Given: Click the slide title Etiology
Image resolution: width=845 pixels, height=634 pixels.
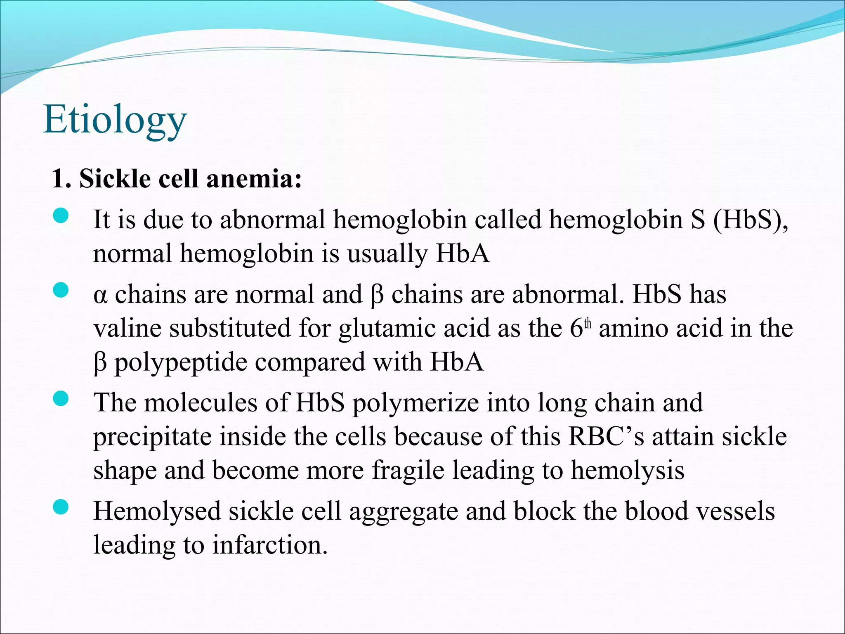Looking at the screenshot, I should click(x=115, y=120).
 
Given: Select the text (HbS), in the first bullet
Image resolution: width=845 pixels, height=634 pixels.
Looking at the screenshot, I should click(x=751, y=220).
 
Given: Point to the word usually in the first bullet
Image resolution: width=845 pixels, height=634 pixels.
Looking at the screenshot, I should click(x=387, y=253).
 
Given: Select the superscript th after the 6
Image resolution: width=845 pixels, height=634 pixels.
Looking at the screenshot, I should click(x=588, y=324).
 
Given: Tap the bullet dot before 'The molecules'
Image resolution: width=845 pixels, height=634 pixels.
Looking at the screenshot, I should click(x=61, y=399).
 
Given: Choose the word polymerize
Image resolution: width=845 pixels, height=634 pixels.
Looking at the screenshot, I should click(x=415, y=404).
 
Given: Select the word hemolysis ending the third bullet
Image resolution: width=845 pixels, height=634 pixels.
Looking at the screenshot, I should click(x=628, y=471).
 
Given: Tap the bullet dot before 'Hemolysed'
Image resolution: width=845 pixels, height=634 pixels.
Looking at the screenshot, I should click(x=61, y=507).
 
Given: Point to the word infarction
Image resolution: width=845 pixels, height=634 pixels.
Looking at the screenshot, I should click(x=270, y=545).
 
